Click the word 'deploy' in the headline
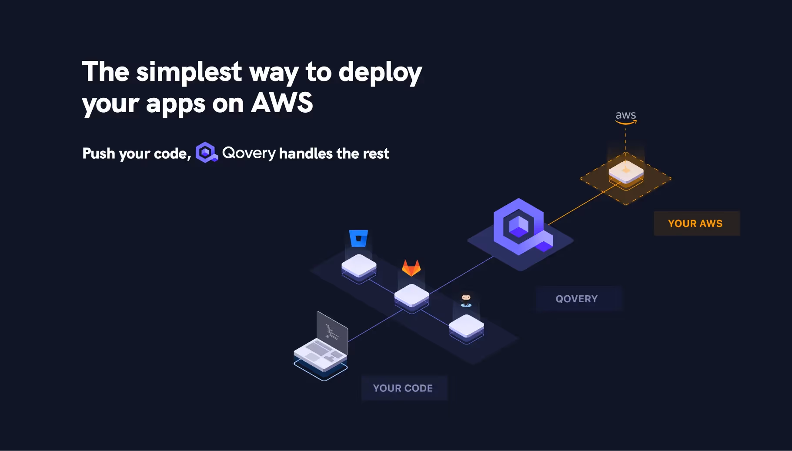[x=380, y=72]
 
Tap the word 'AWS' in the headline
[x=282, y=103]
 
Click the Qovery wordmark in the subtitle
[x=249, y=153]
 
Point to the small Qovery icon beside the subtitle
[x=206, y=153]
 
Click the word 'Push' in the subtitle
[x=99, y=154]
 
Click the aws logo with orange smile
[x=625, y=117]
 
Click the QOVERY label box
[x=577, y=299]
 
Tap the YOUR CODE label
[x=403, y=388]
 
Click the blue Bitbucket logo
[x=358, y=238]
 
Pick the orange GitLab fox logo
[x=411, y=268]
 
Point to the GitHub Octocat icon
[x=466, y=299]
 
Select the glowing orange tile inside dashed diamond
[x=626, y=171]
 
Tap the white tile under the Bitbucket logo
[x=359, y=265]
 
